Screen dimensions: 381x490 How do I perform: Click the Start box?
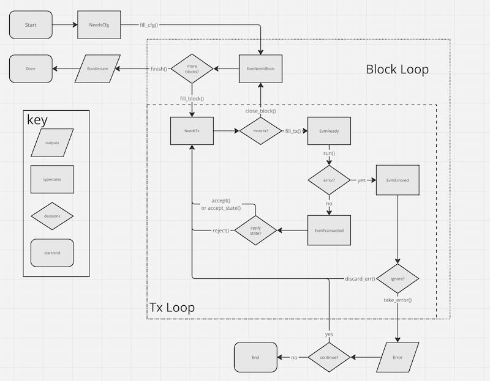(31, 24)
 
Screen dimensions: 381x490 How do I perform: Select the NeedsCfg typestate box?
(99, 24)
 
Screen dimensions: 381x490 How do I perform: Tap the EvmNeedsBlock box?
(260, 68)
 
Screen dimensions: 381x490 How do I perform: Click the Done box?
(31, 69)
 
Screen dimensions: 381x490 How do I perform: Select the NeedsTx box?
(192, 130)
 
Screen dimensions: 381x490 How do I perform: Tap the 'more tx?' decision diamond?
(260, 130)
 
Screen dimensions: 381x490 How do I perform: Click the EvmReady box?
(330, 130)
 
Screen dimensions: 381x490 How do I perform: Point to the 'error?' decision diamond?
(330, 180)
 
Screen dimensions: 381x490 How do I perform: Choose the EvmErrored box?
(398, 180)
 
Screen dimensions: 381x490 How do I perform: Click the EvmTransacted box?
(330, 231)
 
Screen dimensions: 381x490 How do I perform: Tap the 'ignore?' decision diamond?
(398, 279)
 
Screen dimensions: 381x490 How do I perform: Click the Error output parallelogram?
(398, 357)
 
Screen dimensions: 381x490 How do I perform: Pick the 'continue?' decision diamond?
(329, 357)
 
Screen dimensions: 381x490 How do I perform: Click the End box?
(255, 357)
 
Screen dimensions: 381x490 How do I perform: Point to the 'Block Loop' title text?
(397, 69)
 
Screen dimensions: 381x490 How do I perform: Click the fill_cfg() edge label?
(152, 24)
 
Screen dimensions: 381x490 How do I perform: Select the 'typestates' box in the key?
(52, 180)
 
